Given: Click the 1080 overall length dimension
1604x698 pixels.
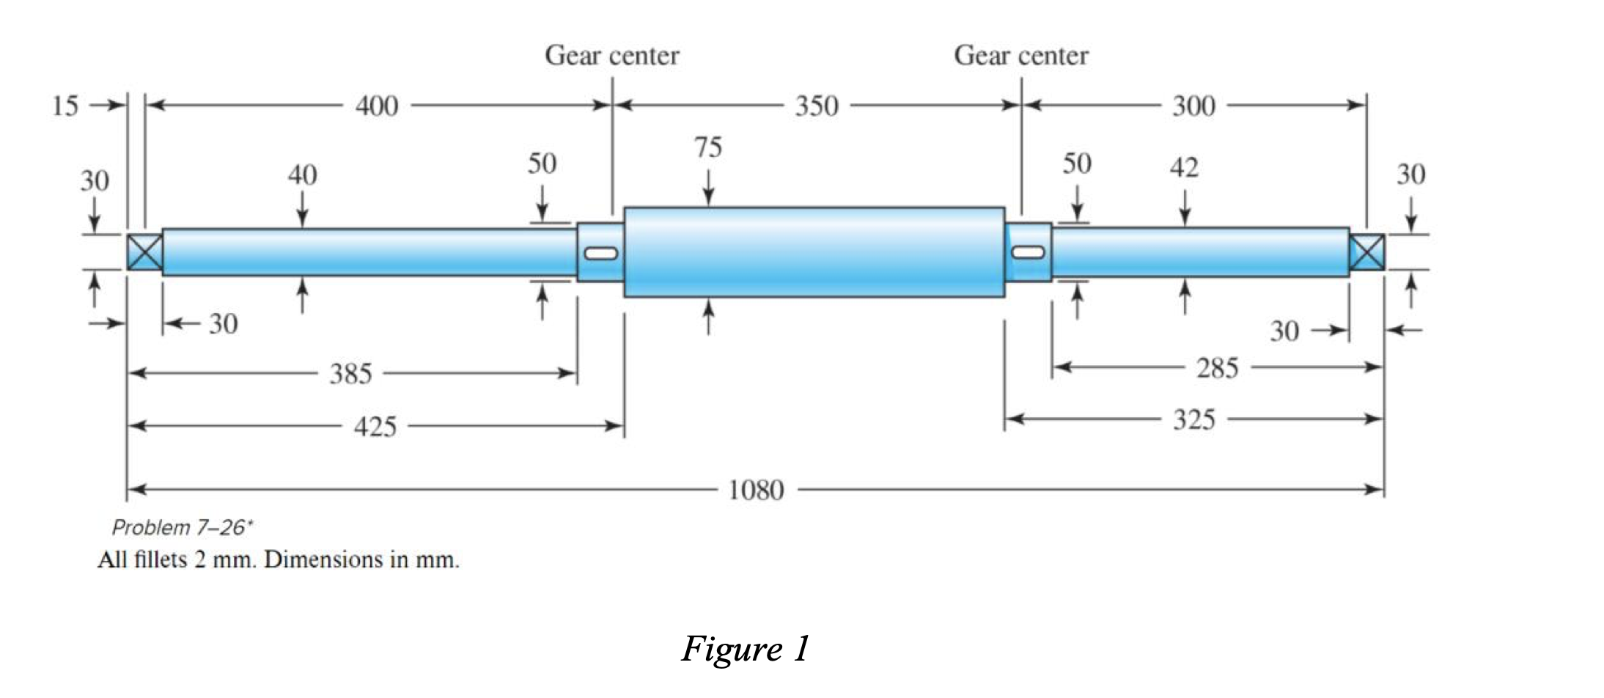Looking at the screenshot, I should pyautogui.click(x=756, y=490).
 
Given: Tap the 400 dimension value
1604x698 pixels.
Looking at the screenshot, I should pyautogui.click(x=377, y=106).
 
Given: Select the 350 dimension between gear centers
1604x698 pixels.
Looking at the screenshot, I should pyautogui.click(x=816, y=106).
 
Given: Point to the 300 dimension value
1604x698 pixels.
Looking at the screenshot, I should pyautogui.click(x=1193, y=106).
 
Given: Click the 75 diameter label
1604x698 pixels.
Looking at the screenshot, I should pyautogui.click(x=708, y=147).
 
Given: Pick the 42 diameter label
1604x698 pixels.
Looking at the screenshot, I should pyautogui.click(x=1184, y=168).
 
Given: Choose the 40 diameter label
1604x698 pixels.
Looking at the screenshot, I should pyautogui.click(x=302, y=175).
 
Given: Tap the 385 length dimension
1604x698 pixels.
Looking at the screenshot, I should pyautogui.click(x=350, y=374).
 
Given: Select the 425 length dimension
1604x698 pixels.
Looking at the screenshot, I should pyautogui.click(x=375, y=426).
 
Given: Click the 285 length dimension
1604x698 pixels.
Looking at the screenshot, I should pyautogui.click(x=1217, y=367).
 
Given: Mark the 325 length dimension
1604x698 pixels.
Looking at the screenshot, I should pyautogui.click(x=1193, y=419).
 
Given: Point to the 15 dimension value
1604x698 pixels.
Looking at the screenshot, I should pyautogui.click(x=65, y=106).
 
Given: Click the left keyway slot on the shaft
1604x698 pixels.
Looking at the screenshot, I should pyautogui.click(x=600, y=254).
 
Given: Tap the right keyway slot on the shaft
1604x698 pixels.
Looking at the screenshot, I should pyautogui.click(x=1028, y=252).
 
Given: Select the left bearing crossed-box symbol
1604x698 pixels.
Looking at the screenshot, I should pyautogui.click(x=144, y=253).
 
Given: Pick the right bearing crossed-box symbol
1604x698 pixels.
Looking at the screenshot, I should pyautogui.click(x=1367, y=252).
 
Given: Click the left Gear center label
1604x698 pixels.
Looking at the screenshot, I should pyautogui.click(x=611, y=56).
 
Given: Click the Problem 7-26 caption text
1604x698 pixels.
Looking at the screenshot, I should pyautogui.click(x=182, y=527).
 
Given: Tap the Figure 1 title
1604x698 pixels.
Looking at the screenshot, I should pyautogui.click(x=745, y=648).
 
